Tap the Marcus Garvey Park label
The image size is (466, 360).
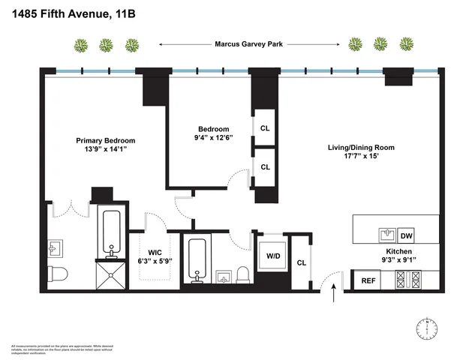pyautogui.click(x=248, y=44)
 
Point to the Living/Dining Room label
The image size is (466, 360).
pyautogui.click(x=361, y=147)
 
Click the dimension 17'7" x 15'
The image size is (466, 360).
pyautogui.click(x=361, y=157)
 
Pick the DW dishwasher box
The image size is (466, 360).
pyautogui.click(x=406, y=235)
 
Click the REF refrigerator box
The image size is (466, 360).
pyautogui.click(x=368, y=281)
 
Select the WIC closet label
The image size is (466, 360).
pyautogui.click(x=155, y=252)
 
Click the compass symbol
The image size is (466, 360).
pyautogui.click(x=425, y=328)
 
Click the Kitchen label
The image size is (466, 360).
pyautogui.click(x=398, y=252)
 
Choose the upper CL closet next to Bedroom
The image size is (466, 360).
pyautogui.click(x=265, y=128)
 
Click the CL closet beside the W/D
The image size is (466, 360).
pyautogui.click(x=301, y=262)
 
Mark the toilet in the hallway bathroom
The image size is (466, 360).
pyautogui.click(x=243, y=274)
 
